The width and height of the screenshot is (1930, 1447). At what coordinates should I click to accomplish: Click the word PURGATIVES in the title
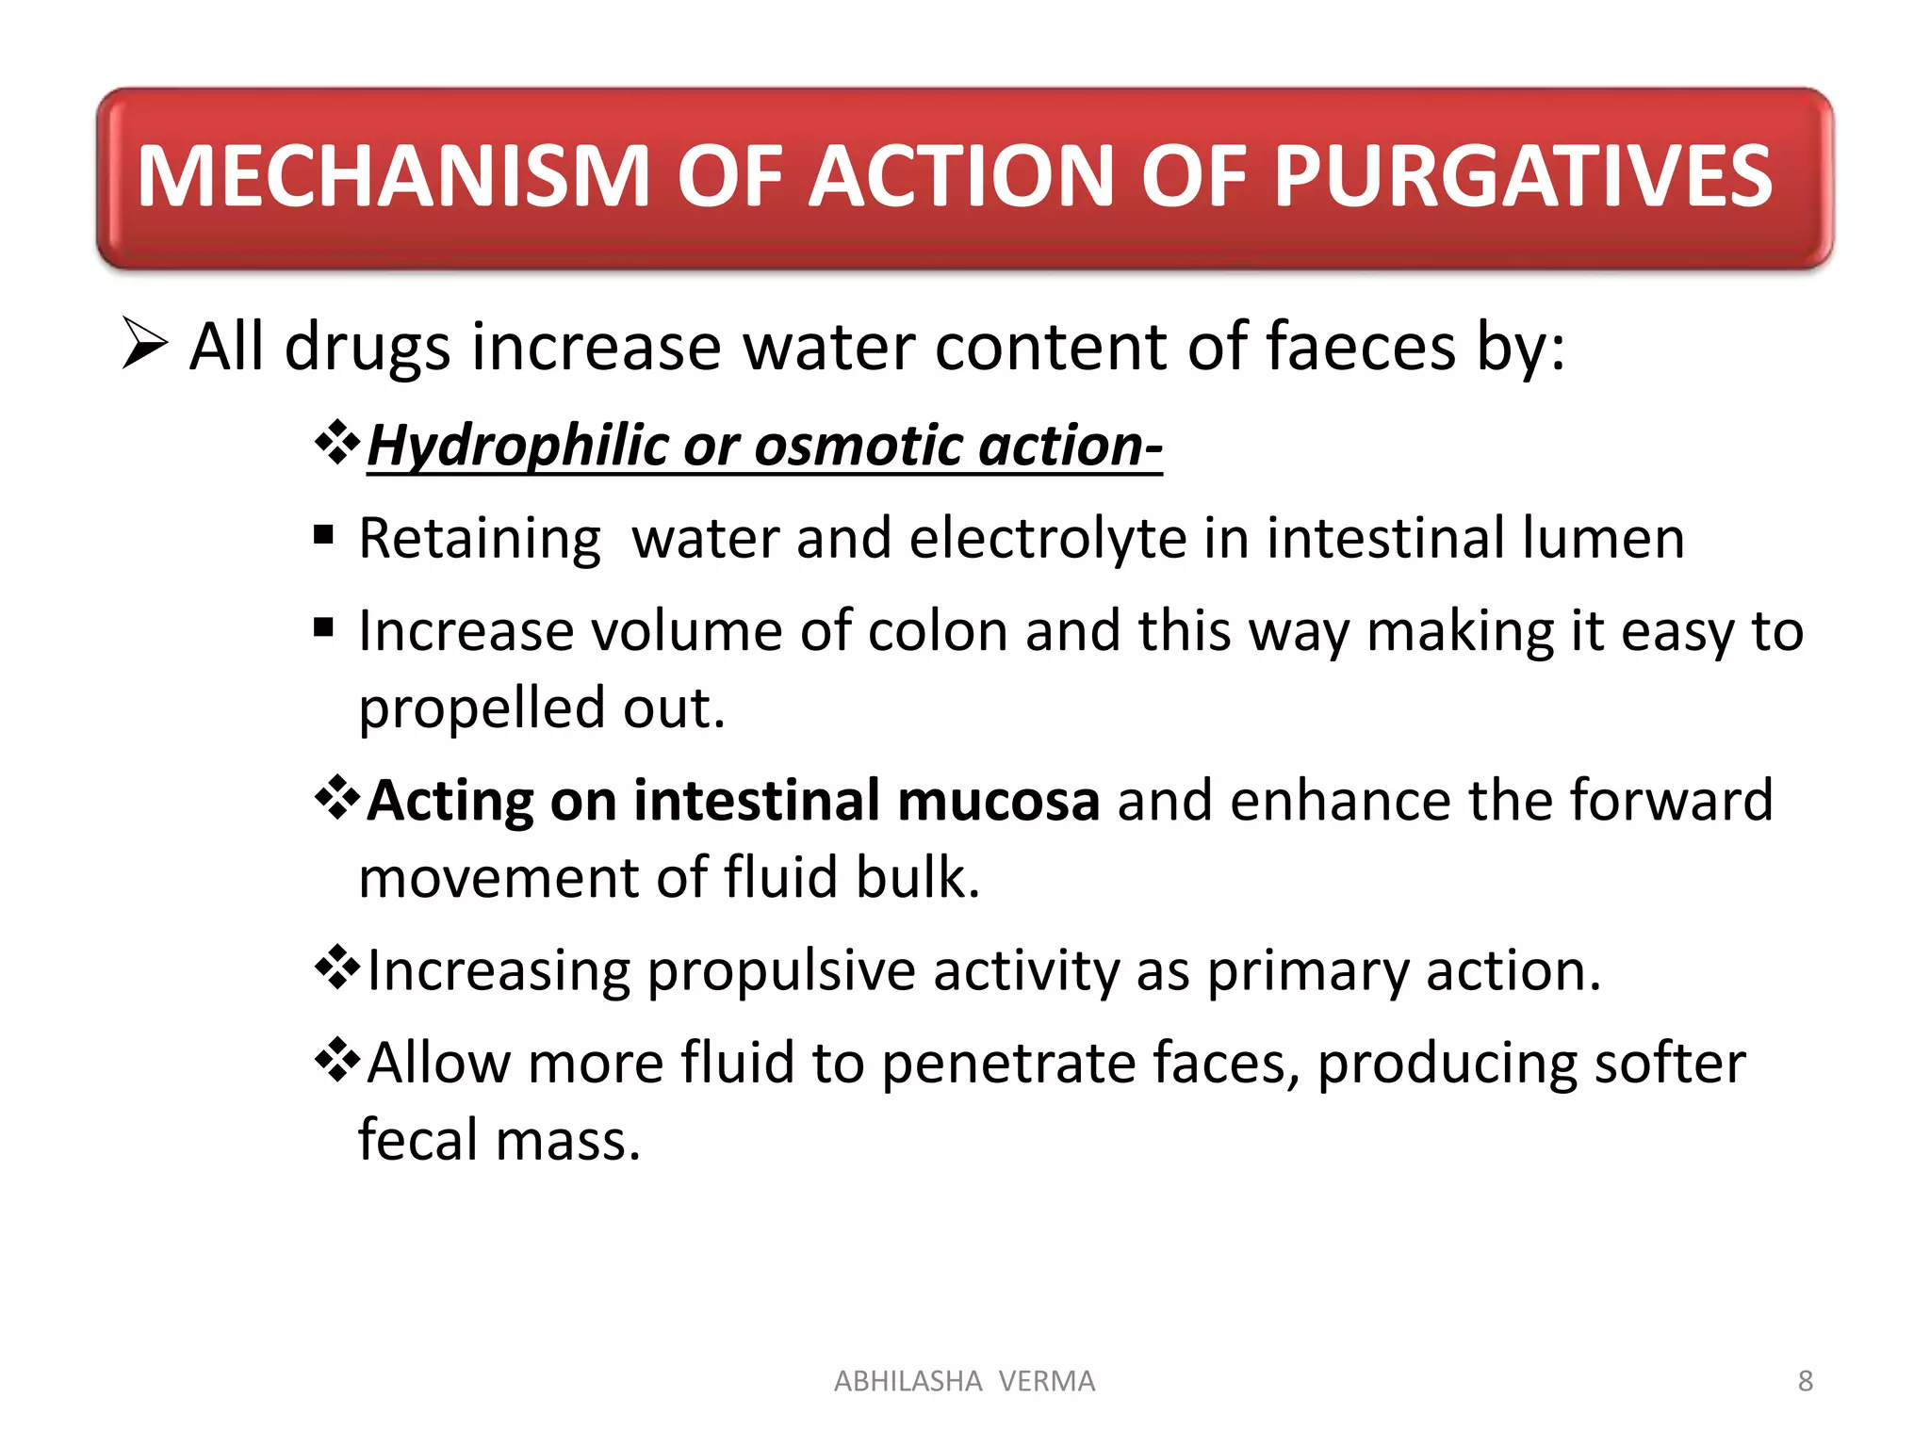(1523, 176)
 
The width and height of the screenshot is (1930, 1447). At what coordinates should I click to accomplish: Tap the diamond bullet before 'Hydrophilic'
(337, 443)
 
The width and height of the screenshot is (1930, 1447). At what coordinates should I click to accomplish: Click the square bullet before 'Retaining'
(324, 536)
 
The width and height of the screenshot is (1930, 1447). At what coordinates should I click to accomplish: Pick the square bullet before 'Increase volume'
(324, 628)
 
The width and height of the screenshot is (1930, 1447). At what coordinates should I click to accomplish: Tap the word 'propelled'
(482, 707)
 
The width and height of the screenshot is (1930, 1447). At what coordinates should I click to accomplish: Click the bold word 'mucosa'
(998, 801)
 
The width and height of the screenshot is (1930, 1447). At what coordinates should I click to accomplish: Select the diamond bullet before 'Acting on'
(337, 799)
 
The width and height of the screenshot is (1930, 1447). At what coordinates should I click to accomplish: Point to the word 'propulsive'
(781, 970)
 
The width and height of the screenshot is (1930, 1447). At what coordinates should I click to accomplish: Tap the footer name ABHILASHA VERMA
(964, 1381)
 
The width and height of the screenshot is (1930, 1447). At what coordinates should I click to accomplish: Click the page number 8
(1805, 1381)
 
